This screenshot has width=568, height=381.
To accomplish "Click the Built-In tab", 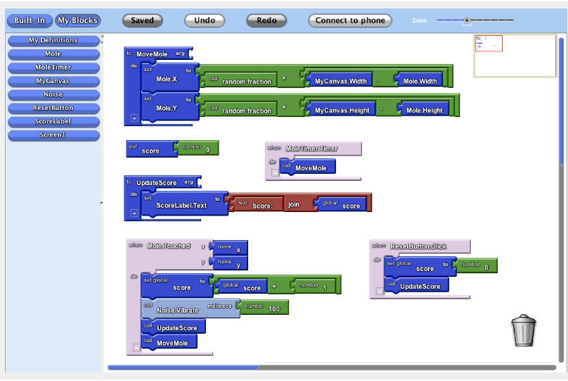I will tap(30, 20).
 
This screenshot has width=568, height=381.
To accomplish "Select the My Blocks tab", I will tap(77, 20).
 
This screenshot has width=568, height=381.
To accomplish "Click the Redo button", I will tap(266, 20).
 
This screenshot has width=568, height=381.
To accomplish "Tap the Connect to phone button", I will tap(349, 20).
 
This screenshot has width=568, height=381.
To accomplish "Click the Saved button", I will tap(142, 20).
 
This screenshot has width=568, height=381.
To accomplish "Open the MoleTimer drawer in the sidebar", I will tap(53, 67).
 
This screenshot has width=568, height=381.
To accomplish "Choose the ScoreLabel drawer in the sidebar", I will tap(53, 121).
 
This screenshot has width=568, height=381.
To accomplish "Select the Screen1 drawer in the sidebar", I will tap(53, 135).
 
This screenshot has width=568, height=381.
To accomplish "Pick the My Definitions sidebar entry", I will tap(53, 40).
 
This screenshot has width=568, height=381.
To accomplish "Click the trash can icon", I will tap(524, 330).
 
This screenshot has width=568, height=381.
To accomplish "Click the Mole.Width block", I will tap(420, 81).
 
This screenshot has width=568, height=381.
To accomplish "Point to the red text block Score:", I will tap(257, 205).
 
